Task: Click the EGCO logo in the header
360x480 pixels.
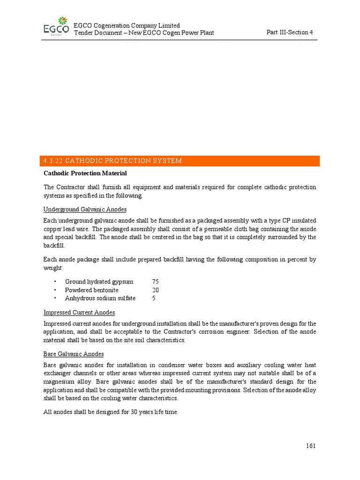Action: [x=55, y=27]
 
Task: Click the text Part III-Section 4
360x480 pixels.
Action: [x=289, y=32]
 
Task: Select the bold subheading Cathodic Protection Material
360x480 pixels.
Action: [x=85, y=174]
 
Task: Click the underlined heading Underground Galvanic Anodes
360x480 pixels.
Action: [x=85, y=209]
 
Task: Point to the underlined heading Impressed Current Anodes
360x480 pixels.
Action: [x=79, y=312]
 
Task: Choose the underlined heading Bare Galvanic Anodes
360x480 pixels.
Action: [x=74, y=354]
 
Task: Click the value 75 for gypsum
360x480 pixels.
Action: [x=156, y=282]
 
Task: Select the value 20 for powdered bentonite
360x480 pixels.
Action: [x=156, y=290]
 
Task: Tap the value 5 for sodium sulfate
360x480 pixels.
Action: [x=154, y=298]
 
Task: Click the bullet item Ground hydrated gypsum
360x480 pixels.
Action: [x=99, y=282]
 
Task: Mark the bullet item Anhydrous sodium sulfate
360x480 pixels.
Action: [x=100, y=298]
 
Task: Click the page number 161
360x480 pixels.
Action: [x=310, y=446]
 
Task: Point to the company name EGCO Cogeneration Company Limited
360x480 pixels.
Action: [x=127, y=25]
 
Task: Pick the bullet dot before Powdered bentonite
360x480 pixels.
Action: [x=55, y=290]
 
